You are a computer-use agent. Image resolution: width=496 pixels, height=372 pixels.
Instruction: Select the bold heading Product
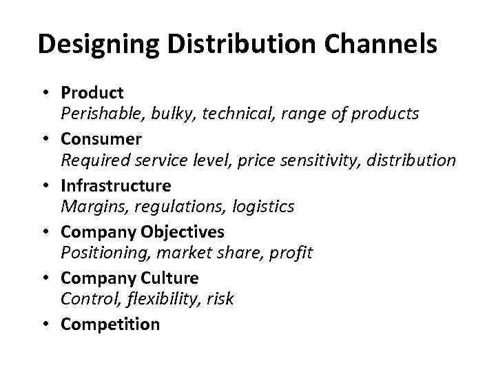point(92,92)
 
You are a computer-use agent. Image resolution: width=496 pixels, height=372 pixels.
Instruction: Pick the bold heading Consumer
point(101,139)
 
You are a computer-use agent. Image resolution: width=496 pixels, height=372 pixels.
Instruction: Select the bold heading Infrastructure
point(116,186)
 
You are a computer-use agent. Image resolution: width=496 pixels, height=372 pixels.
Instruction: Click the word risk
point(220,299)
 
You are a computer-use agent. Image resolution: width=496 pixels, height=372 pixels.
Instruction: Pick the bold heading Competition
point(110,324)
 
